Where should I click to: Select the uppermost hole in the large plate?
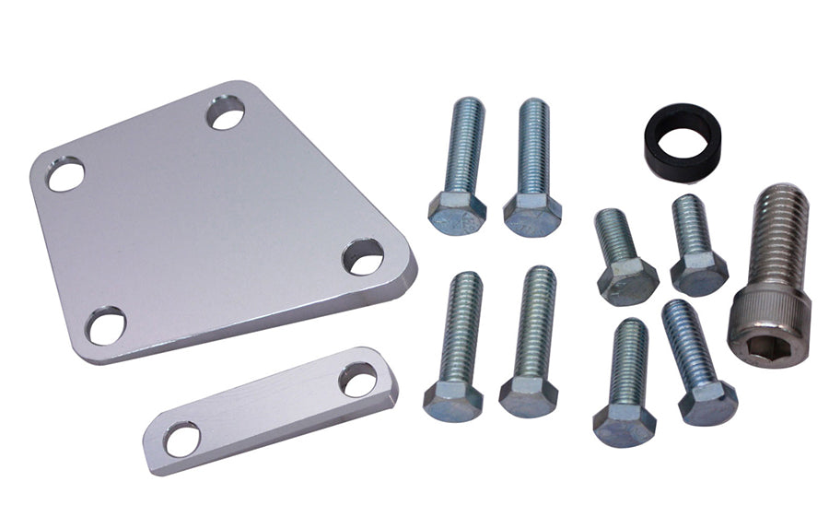(x=225, y=114)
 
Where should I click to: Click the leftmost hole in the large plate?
(x=65, y=174)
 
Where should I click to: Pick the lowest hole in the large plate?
(x=108, y=325)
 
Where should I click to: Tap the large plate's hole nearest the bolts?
(x=363, y=257)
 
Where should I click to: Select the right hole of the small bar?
(x=357, y=378)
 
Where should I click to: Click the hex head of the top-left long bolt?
(x=457, y=213)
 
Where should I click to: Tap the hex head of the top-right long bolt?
(x=533, y=215)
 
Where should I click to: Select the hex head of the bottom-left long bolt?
(x=453, y=401)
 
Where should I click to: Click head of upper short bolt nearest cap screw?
(x=699, y=272)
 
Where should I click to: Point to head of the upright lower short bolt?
(x=625, y=424)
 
